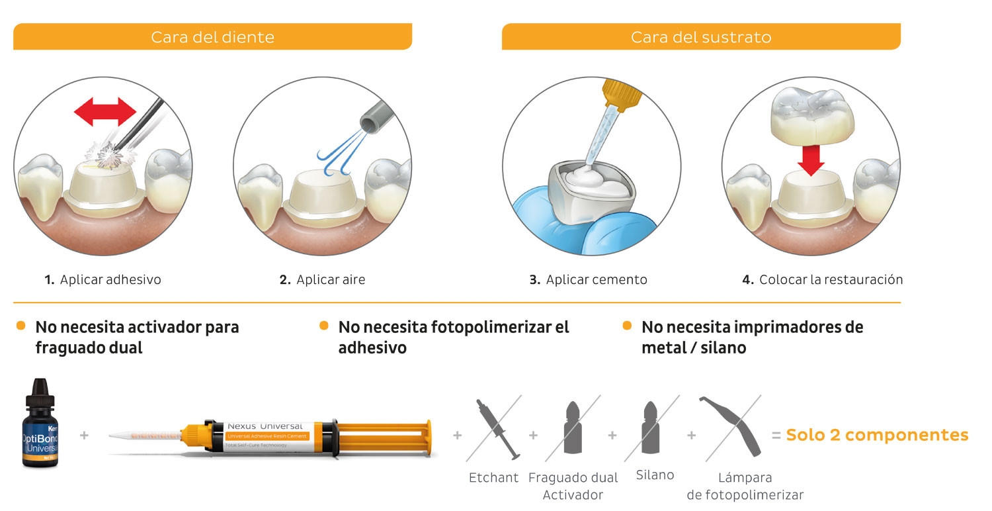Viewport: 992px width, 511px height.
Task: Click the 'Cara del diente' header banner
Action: (212, 36)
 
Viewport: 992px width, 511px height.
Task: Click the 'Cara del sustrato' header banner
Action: (701, 36)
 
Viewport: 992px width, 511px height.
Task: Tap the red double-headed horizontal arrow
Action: (104, 112)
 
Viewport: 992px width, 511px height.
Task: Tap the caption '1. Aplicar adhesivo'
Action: (103, 279)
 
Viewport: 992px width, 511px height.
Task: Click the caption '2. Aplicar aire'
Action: (322, 279)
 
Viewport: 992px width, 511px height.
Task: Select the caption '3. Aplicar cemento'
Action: (588, 279)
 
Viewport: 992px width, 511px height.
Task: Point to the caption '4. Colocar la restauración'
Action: (822, 279)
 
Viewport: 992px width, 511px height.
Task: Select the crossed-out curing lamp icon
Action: (732, 428)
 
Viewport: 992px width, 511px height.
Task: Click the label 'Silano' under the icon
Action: (655, 475)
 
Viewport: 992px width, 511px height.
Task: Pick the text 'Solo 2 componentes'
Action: (877, 435)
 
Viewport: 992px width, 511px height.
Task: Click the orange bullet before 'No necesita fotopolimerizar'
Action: (324, 326)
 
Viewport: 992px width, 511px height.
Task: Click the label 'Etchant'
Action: (493, 477)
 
